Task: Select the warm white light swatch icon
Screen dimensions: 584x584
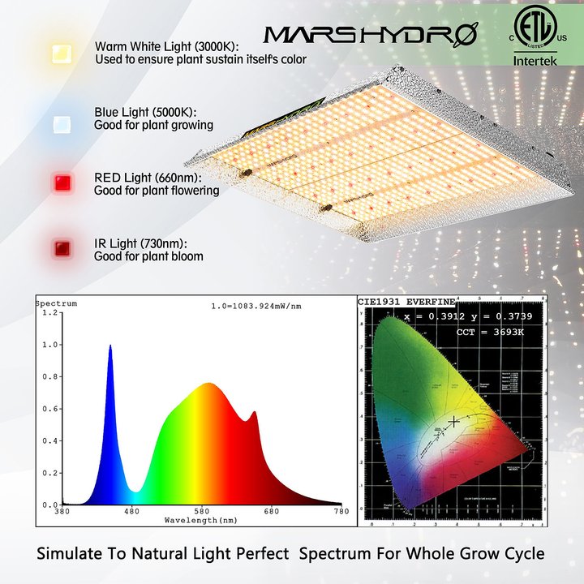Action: [x=59, y=54]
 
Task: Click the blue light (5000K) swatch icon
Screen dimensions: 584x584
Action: [x=59, y=123]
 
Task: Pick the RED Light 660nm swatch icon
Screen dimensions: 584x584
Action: [x=59, y=182]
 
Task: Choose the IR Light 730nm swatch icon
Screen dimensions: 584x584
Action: [x=59, y=248]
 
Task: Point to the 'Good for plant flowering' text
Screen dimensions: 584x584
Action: [x=157, y=191]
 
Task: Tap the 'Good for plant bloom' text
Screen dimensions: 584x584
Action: [x=148, y=256]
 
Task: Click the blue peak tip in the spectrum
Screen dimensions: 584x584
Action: [x=110, y=346]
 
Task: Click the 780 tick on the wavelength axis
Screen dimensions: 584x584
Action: [x=341, y=511]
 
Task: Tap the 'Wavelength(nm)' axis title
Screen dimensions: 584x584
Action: [x=201, y=519]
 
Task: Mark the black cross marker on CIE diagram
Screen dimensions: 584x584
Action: [x=455, y=421]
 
